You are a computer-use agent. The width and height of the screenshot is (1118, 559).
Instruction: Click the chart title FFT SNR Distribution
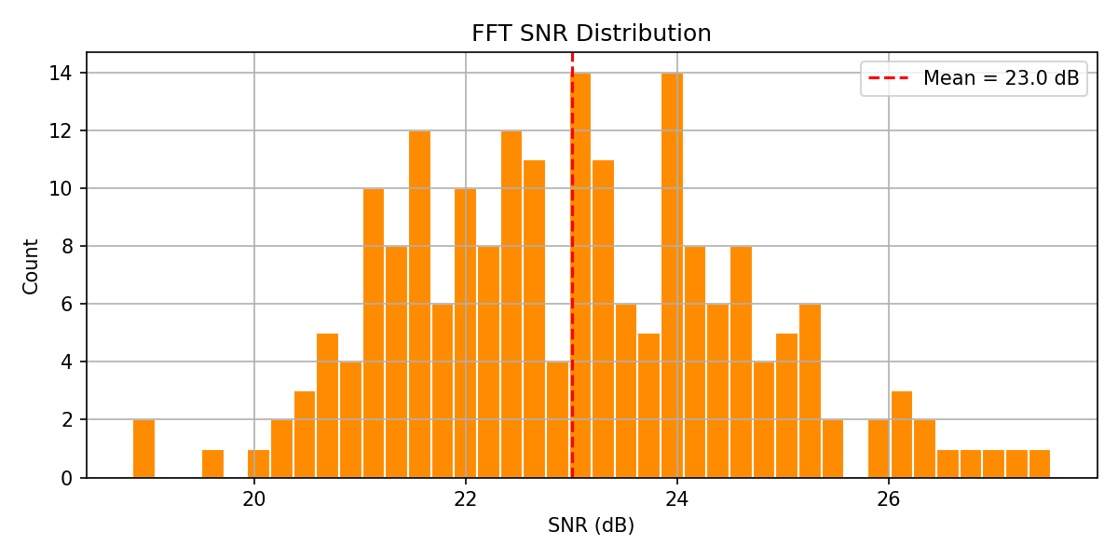[x=591, y=34]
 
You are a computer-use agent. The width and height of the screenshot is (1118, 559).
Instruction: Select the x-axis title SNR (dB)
[x=591, y=525]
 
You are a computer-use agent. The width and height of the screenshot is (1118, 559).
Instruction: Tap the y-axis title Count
[x=31, y=266]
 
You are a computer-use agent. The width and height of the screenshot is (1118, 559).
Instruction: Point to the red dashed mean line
[x=572, y=279]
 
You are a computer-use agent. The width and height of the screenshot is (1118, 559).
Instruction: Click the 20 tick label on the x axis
[x=254, y=499]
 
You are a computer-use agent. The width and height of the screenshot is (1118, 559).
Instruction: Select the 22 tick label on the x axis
[x=466, y=499]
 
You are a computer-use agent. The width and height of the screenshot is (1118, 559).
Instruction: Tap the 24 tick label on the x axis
[x=677, y=499]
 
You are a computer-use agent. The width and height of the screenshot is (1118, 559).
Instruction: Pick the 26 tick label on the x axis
[x=889, y=499]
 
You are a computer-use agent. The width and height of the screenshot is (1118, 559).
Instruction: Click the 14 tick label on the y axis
[x=68, y=73]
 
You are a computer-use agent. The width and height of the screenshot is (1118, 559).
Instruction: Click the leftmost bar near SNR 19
[x=143, y=449]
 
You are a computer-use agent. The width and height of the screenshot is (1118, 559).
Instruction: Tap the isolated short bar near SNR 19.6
[x=212, y=464]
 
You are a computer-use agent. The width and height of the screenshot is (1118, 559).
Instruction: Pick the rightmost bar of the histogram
[x=1040, y=464]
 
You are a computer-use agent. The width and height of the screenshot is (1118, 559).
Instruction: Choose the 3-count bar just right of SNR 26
[x=901, y=435]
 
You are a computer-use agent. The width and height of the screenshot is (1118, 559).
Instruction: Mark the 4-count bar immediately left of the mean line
[x=557, y=420]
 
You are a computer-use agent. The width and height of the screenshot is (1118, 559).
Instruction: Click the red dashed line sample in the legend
[x=889, y=78]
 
